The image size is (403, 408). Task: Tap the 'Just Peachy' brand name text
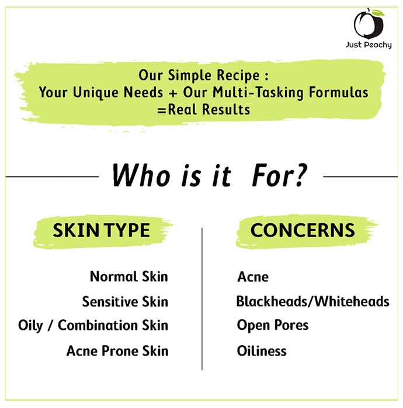click(x=369, y=45)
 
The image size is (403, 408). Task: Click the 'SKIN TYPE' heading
click(x=101, y=230)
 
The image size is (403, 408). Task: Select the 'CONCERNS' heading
click(x=303, y=230)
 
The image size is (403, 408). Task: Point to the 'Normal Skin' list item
click(x=128, y=276)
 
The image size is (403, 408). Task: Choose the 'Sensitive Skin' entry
click(x=125, y=301)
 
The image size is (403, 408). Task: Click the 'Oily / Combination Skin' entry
click(x=93, y=325)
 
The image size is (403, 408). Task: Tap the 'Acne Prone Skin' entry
click(x=117, y=350)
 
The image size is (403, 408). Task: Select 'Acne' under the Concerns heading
click(x=253, y=277)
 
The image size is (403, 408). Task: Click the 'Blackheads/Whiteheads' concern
click(x=313, y=301)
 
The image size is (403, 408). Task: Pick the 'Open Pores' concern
click(x=273, y=325)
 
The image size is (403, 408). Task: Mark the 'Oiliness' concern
click(x=262, y=350)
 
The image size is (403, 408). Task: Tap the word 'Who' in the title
click(x=141, y=175)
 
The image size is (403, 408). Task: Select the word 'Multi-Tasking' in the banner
click(x=258, y=93)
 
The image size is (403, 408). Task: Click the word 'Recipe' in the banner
click(x=238, y=76)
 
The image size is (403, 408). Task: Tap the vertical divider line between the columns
click(x=202, y=298)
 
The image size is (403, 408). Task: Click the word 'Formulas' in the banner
click(x=339, y=92)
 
